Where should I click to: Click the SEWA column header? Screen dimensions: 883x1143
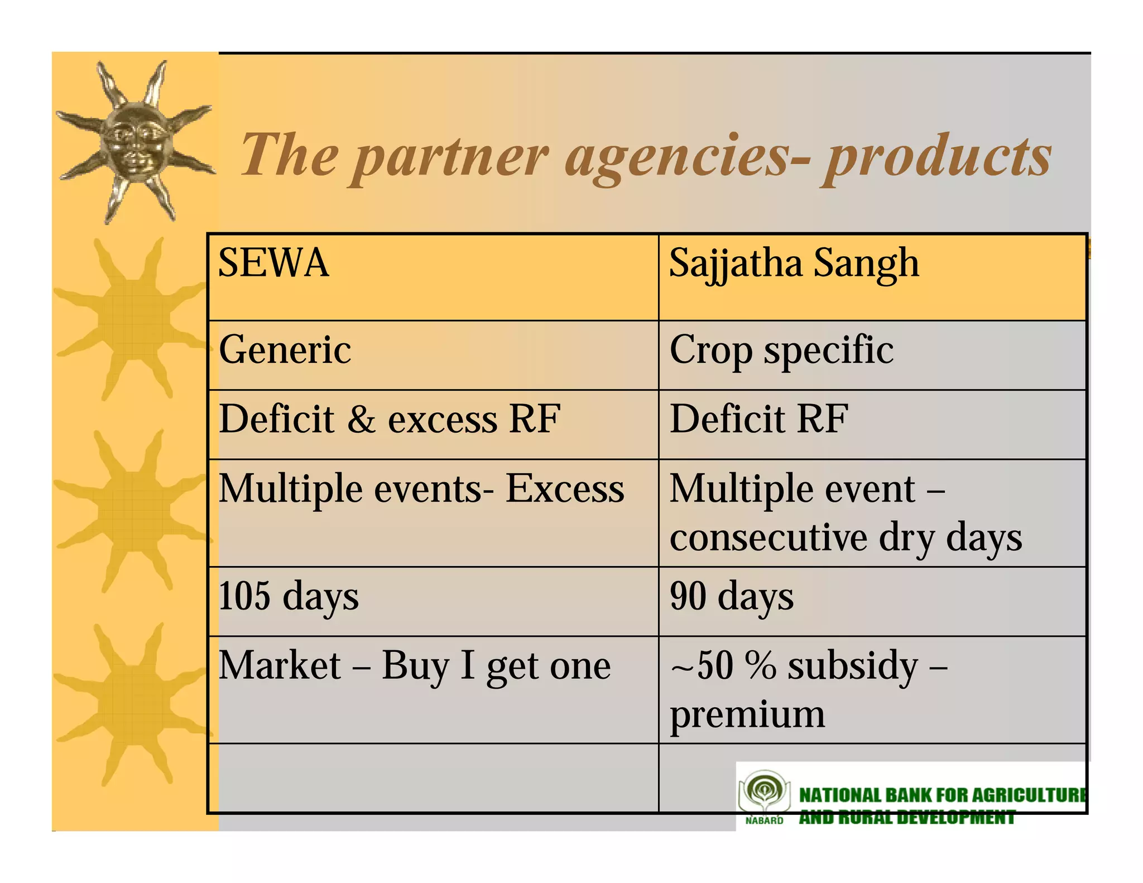pos(273,263)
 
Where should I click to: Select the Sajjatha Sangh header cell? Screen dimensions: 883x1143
pos(793,263)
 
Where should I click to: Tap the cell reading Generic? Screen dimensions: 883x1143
pos(285,350)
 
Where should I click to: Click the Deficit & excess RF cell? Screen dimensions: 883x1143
pos(389,419)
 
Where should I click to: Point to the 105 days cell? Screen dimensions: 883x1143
pos(289,597)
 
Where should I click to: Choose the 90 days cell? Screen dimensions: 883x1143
pos(731,597)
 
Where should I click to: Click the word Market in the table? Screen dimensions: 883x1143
pos(280,665)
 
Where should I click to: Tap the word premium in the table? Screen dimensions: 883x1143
pos(747,714)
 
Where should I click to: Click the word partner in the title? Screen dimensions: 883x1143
pos(451,157)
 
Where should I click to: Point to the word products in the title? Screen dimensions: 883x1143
pos(938,157)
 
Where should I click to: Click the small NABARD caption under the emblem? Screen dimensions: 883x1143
pos(764,820)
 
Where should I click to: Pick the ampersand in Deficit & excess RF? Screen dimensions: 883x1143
pos(361,420)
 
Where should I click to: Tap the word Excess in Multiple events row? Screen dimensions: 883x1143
pos(564,489)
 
